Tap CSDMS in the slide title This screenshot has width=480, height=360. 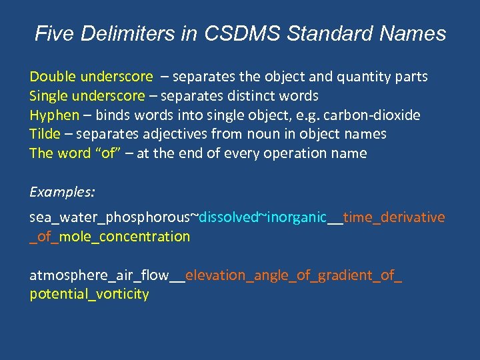[x=249, y=34]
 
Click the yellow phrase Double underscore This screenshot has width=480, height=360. [x=91, y=77]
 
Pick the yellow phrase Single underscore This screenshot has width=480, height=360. [x=87, y=96]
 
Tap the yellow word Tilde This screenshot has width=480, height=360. [x=45, y=134]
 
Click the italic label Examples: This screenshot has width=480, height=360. [x=62, y=192]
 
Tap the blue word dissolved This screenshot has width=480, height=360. [x=229, y=217]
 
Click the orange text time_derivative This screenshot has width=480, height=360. [x=394, y=217]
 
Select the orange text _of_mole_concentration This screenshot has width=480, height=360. [x=110, y=236]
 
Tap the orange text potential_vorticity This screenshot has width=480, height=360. [x=89, y=294]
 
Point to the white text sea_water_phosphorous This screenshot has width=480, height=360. [x=110, y=217]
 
